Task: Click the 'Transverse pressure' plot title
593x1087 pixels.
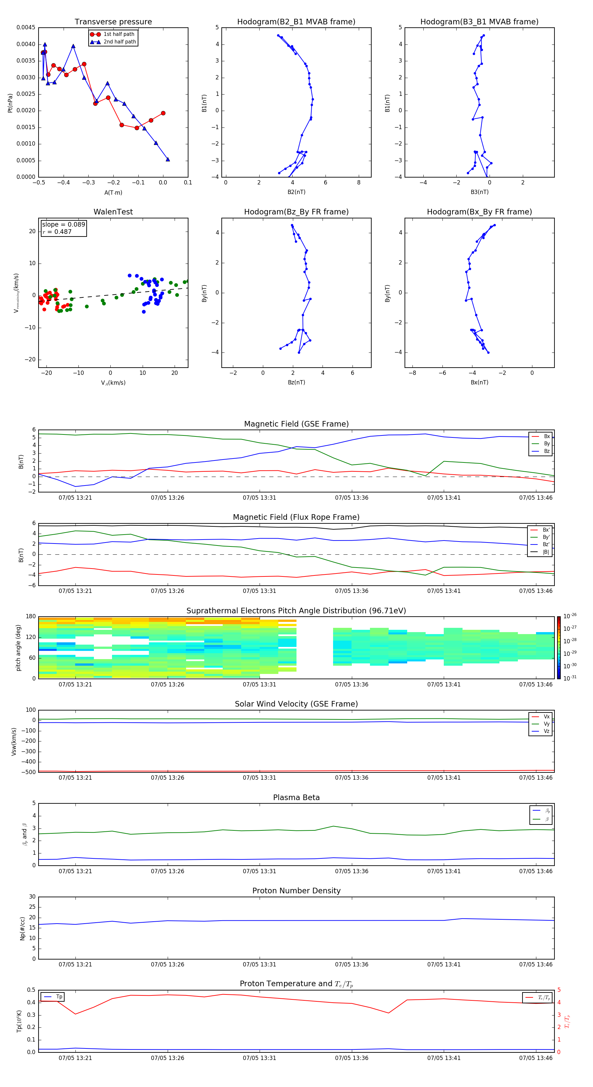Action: pyautogui.click(x=113, y=22)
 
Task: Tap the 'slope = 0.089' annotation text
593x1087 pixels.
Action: pyautogui.click(x=63, y=225)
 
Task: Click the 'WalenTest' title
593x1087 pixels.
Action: pyautogui.click(x=113, y=212)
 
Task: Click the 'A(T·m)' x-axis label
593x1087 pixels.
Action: pyautogui.click(x=113, y=193)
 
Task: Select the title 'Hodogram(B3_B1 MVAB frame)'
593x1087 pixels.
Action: pyautogui.click(x=479, y=22)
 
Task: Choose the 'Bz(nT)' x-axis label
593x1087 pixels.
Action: pyautogui.click(x=296, y=382)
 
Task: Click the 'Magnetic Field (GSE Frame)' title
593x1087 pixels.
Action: pyautogui.click(x=296, y=424)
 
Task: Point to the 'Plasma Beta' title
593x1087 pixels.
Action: pyautogui.click(x=296, y=797)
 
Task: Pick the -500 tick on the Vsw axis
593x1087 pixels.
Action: pyautogui.click(x=30, y=772)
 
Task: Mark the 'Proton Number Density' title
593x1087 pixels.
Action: pyautogui.click(x=296, y=891)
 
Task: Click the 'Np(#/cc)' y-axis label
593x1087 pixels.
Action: pyautogui.click(x=22, y=928)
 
